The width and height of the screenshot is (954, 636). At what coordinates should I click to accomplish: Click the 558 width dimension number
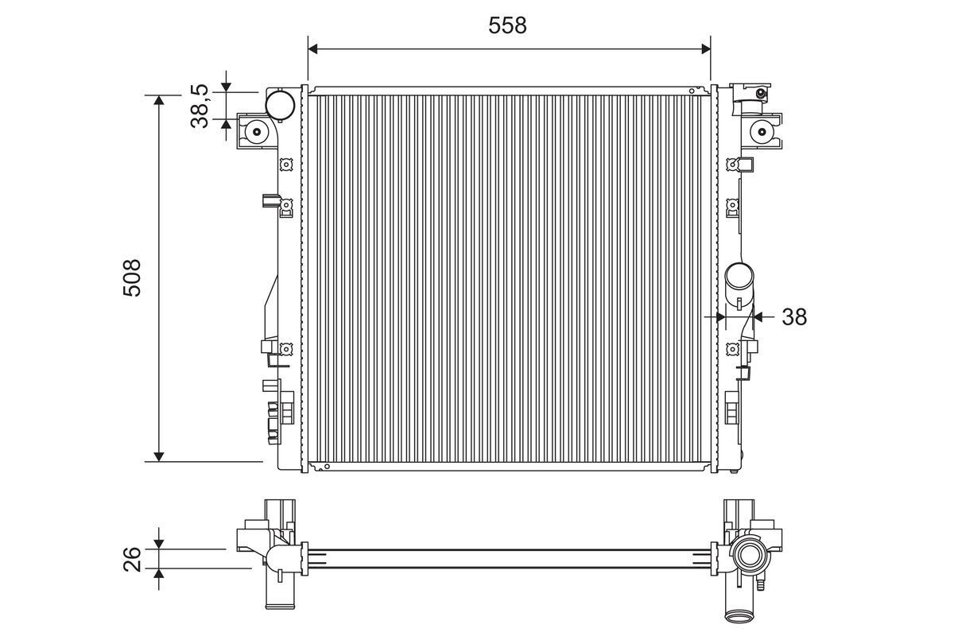click(507, 25)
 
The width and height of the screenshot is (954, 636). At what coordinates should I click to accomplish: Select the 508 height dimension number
click(133, 277)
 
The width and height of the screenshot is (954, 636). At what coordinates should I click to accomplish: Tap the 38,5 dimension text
click(200, 107)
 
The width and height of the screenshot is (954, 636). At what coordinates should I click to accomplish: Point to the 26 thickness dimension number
click(133, 559)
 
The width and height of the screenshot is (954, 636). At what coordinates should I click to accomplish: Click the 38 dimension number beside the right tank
click(793, 317)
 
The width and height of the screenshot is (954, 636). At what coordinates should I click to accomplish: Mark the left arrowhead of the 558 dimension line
click(313, 49)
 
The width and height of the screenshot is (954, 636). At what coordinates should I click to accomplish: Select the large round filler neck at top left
click(280, 104)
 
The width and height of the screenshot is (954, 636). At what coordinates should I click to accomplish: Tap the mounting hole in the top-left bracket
click(258, 133)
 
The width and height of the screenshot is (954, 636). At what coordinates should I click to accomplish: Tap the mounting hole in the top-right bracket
click(762, 131)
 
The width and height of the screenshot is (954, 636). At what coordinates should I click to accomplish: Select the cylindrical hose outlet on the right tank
click(739, 280)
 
